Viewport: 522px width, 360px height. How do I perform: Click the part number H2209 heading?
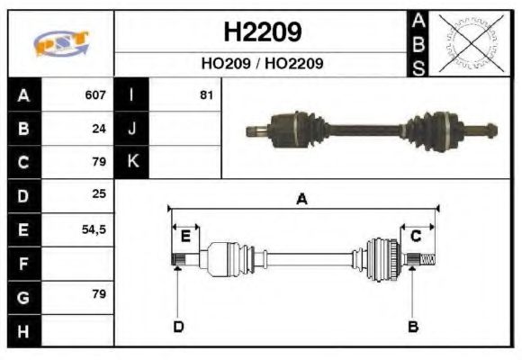coord(262,33)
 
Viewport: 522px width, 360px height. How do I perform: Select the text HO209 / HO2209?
coord(262,65)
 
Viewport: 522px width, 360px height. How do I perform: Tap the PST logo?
coord(61,42)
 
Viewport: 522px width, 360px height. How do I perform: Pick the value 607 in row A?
coord(95,94)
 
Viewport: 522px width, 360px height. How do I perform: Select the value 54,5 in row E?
coord(94,229)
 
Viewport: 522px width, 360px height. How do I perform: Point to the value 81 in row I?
coord(206,94)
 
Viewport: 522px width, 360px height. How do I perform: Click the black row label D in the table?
coord(23,195)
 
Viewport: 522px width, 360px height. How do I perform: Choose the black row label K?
coord(132,162)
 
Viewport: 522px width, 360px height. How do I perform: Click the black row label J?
coord(132,128)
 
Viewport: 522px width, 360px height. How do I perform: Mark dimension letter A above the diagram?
coord(302,199)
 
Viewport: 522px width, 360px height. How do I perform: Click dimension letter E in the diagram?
coord(185,237)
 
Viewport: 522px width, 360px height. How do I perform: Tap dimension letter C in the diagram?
coord(416,236)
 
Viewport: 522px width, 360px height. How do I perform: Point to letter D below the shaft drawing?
coord(178,327)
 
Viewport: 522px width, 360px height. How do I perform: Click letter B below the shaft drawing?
coord(413,327)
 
